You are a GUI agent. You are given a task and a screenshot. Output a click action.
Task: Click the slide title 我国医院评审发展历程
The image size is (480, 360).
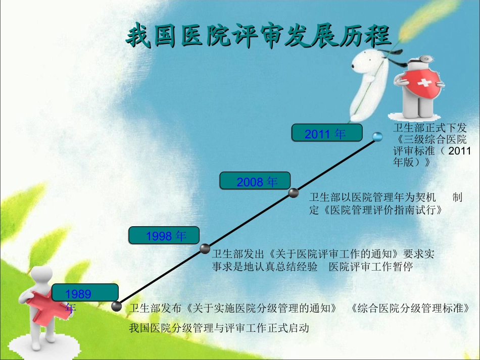tap(258, 36)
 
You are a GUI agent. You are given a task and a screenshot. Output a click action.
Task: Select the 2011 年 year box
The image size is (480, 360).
tap(326, 133)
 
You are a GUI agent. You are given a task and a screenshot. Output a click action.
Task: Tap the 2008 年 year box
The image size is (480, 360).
tap(256, 181)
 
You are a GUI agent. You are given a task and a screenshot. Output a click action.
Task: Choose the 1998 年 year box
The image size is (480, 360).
tap(164, 235)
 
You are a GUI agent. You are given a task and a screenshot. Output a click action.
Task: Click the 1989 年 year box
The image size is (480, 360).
tap(84, 293)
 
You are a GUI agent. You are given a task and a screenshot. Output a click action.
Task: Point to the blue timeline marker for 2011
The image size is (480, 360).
tap(376, 137)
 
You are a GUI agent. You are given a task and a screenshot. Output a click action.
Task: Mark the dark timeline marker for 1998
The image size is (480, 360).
tap(205, 248)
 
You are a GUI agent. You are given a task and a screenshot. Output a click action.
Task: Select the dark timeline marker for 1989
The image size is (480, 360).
tap(116, 306)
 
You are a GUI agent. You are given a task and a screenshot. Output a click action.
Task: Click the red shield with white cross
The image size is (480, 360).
tap(419, 81)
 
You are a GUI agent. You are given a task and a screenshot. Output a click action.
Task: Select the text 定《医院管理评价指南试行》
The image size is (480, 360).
tap(377, 210)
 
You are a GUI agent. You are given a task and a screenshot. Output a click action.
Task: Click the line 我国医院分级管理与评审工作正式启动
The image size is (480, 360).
tap(218, 328)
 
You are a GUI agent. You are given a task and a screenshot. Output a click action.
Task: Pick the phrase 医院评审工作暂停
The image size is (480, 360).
tap(371, 266)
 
